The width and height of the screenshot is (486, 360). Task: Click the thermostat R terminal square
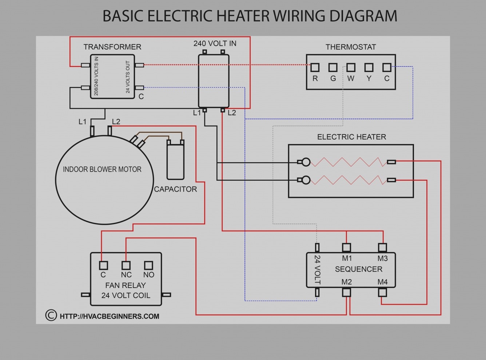pyautogui.click(x=315, y=67)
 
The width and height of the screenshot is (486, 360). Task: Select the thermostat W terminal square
pyautogui.click(x=351, y=67)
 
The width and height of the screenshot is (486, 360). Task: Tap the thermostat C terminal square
pyautogui.click(x=387, y=67)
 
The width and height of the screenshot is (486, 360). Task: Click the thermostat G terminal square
pyautogui.click(x=333, y=67)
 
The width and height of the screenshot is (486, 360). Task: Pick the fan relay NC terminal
pyautogui.click(x=126, y=265)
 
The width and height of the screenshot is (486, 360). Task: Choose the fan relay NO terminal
pyautogui.click(x=148, y=265)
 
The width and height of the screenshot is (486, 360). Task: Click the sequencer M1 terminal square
pyautogui.click(x=347, y=248)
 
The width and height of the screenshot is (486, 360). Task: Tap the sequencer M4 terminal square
pyautogui.click(x=382, y=292)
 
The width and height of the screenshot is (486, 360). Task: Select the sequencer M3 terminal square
pyautogui.click(x=382, y=248)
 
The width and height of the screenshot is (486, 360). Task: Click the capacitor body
pyautogui.click(x=175, y=160)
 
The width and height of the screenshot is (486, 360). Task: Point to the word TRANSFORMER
pyautogui.click(x=112, y=47)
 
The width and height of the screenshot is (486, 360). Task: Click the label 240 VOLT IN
pyautogui.click(x=215, y=44)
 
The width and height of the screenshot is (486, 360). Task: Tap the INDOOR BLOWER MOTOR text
pyautogui.click(x=102, y=169)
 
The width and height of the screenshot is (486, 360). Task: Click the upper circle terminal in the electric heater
pyautogui.click(x=306, y=162)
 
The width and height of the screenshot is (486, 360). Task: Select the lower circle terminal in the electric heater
pyautogui.click(x=306, y=180)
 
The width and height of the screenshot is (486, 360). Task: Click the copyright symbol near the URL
pyautogui.click(x=51, y=315)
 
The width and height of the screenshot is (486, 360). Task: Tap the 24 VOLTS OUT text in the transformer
pyautogui.click(x=128, y=77)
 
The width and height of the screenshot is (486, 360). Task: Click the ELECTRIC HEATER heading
pyautogui.click(x=351, y=137)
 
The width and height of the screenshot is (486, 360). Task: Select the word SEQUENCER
pyautogui.click(x=358, y=269)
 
